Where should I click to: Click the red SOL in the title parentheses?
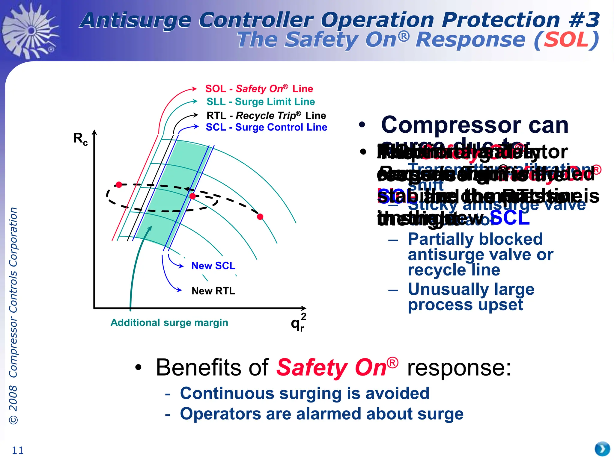point(566,40)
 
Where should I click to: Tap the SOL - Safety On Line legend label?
point(259,89)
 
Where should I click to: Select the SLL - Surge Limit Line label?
point(261,102)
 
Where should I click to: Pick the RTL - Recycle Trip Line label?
point(266,116)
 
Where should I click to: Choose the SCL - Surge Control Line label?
point(266,127)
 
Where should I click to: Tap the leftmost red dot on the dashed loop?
point(119,185)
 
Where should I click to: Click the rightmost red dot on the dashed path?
point(260,217)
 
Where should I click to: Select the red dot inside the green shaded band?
point(193,196)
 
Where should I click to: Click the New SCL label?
point(213,266)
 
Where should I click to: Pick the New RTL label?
point(213,291)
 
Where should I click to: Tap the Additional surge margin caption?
point(169,323)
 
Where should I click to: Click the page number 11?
point(17,450)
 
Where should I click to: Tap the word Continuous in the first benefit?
point(227,393)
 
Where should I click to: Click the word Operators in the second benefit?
point(220,414)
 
